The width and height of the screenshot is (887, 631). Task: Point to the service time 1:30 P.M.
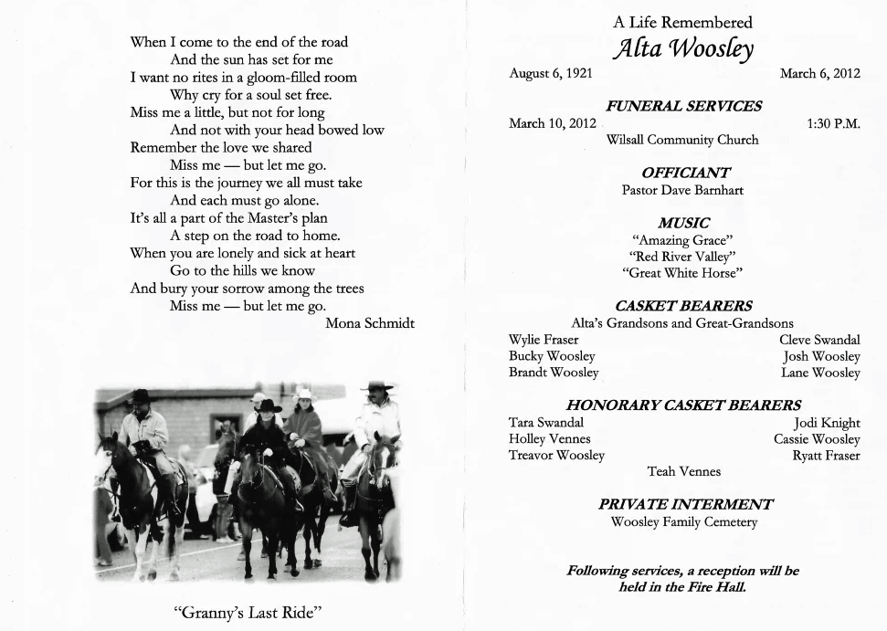tap(833, 123)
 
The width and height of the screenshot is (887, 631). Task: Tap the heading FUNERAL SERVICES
tap(683, 106)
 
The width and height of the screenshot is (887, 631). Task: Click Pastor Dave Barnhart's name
tap(682, 190)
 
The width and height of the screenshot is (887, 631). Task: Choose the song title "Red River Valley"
tap(682, 257)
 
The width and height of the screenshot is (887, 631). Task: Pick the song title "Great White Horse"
tap(682, 273)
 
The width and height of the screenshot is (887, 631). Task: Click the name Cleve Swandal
tap(819, 340)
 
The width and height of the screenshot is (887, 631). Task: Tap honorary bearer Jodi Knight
tap(827, 423)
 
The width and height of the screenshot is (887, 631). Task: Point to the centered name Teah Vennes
tap(683, 471)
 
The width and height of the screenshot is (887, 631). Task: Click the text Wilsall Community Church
tap(682, 140)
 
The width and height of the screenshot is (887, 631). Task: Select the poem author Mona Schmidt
tap(370, 322)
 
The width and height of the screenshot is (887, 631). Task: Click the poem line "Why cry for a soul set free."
tap(250, 95)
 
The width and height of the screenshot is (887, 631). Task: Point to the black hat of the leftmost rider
tap(140, 396)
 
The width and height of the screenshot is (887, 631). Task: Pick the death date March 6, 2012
tap(819, 74)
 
